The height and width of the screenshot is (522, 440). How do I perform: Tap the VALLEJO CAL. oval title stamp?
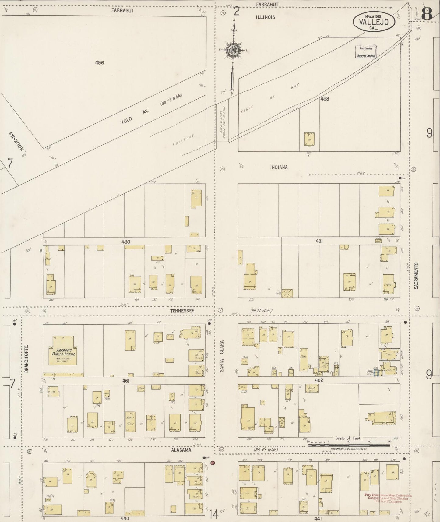[x=374, y=22]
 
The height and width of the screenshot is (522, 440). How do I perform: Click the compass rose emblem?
[x=233, y=50]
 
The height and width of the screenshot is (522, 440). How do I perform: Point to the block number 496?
[x=99, y=63]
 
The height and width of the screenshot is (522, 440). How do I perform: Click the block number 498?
[x=324, y=99]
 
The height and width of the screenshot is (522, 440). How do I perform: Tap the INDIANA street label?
[x=279, y=167]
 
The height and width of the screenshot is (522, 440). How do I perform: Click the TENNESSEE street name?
[x=182, y=311]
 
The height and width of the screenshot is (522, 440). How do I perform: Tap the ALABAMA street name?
[x=181, y=450]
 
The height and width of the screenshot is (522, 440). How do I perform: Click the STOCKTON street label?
[x=16, y=141]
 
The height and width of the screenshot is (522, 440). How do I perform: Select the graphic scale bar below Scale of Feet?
[x=349, y=445]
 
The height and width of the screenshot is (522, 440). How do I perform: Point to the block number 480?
[x=125, y=242]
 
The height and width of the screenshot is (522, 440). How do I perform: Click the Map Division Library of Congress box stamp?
[x=366, y=52]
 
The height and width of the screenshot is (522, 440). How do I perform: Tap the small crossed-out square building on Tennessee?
[x=287, y=293]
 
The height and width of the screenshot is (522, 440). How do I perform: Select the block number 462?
[x=319, y=380]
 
